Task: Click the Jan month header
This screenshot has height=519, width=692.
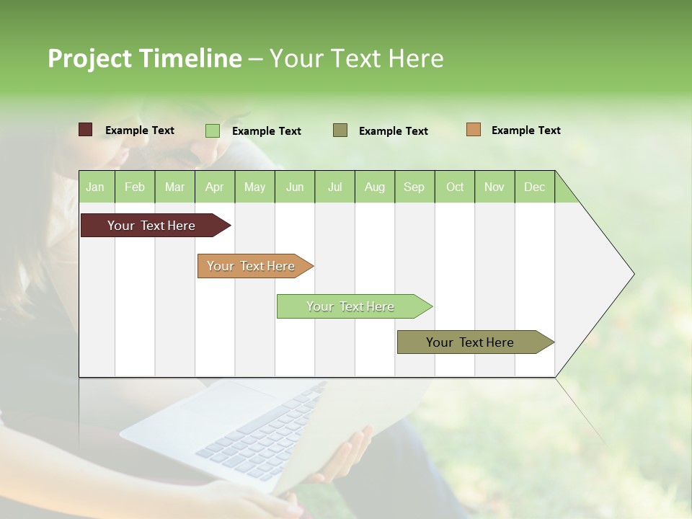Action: [96, 187]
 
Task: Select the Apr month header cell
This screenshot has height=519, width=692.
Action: [215, 187]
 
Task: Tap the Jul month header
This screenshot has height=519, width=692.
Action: [334, 187]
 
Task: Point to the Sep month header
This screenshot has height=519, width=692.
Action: [414, 187]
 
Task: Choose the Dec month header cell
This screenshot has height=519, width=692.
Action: [534, 187]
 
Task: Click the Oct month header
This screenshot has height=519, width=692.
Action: [455, 187]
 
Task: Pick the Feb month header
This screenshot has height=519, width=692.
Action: [135, 187]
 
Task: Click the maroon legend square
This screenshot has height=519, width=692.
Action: [85, 130]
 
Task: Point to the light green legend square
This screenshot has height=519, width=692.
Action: [213, 130]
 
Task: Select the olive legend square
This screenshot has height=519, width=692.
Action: [340, 130]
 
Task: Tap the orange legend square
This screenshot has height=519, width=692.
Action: [473, 130]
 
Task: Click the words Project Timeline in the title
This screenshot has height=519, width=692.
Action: [144, 58]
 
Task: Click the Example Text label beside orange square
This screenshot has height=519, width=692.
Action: [525, 130]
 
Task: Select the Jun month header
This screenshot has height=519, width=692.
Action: [295, 187]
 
